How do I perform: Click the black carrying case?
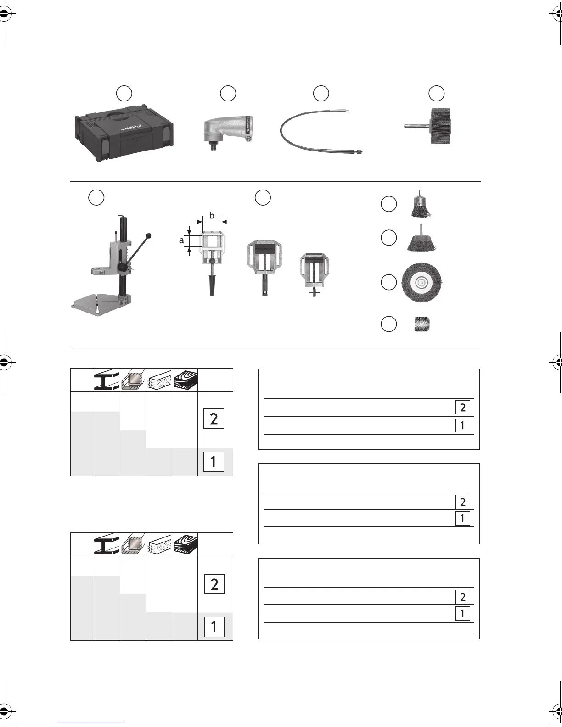coord(124,134)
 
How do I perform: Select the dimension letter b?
coord(211,215)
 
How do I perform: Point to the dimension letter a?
coord(181,240)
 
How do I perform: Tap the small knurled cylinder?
coord(422,324)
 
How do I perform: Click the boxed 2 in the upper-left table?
coord(214,419)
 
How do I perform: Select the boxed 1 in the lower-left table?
coord(214,626)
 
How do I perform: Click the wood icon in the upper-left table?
coord(185,380)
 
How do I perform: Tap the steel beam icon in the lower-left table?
coord(106,544)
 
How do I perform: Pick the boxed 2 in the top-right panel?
coord(462,408)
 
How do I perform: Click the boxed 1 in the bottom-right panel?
coord(462,614)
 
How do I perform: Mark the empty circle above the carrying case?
coord(124,93)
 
